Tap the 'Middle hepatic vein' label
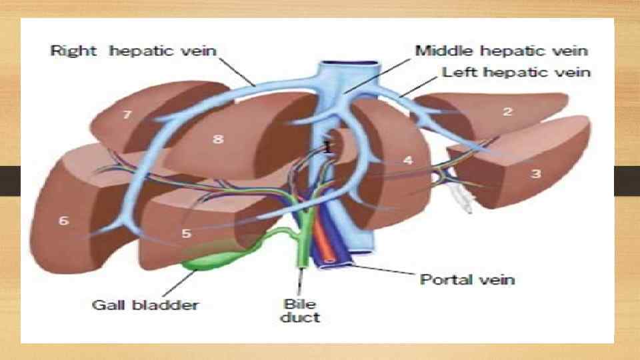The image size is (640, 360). (x=501, y=51)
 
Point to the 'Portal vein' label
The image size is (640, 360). (x=467, y=279)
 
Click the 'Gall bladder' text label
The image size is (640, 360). (x=144, y=305)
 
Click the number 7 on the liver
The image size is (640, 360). (x=127, y=115)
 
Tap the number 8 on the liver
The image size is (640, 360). (x=217, y=139)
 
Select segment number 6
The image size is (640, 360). (x=64, y=220)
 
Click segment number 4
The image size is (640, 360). (x=408, y=161)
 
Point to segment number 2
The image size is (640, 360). (x=507, y=111)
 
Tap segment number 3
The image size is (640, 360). (x=535, y=173)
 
